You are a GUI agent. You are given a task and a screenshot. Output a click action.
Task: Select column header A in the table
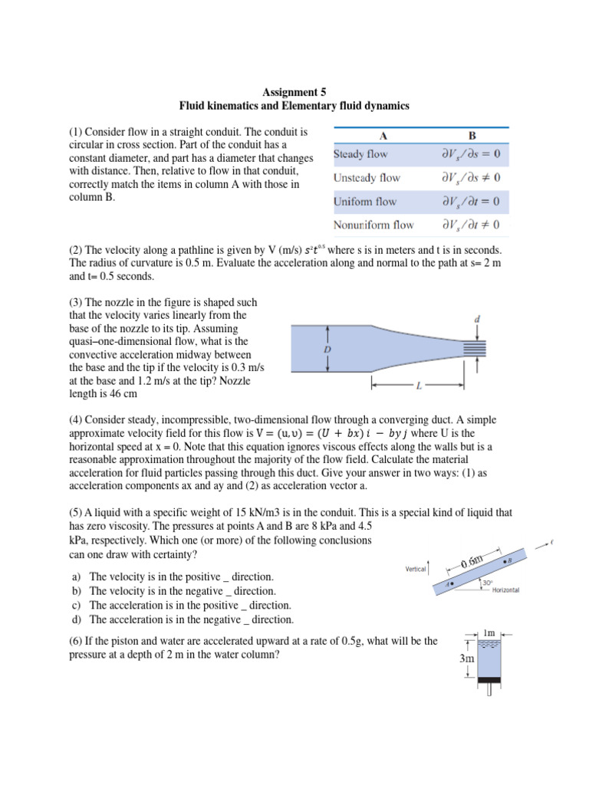383,136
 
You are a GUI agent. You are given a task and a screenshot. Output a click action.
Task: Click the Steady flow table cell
360,154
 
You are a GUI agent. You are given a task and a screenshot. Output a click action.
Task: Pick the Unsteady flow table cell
367,178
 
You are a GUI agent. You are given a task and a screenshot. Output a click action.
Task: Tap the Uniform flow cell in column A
364,202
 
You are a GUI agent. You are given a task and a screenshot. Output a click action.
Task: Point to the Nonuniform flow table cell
373,225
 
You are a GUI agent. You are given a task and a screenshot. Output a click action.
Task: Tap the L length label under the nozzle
418,386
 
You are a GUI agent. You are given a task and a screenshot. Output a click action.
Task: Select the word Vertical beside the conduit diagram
416,569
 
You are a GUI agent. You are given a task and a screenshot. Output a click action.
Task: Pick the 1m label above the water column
492,633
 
